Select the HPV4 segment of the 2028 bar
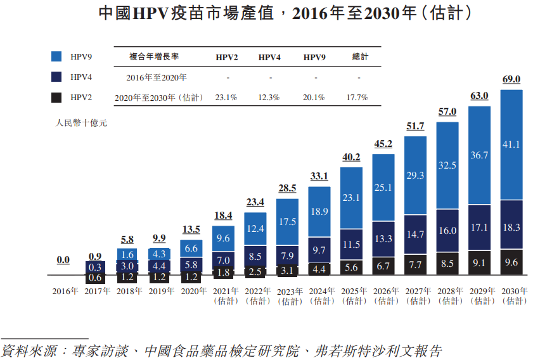point(447,231)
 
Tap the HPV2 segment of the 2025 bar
point(351,267)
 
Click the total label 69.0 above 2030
point(511,79)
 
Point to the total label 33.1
point(319,176)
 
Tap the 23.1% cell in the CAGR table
point(226,98)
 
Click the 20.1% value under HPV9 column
point(314,98)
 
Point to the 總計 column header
point(359,57)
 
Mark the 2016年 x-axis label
point(65,292)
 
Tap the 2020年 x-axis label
point(193,292)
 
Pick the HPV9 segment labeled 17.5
point(287,222)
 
